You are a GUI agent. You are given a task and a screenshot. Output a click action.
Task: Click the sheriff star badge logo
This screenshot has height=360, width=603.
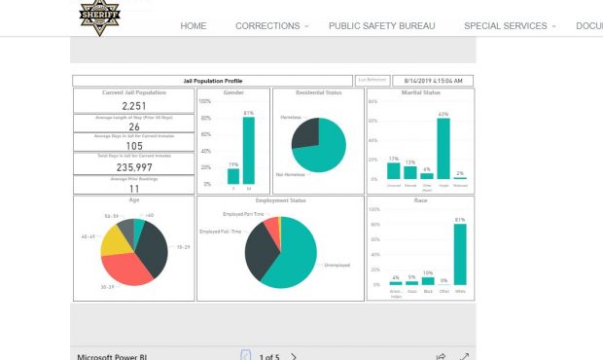(x=99, y=14)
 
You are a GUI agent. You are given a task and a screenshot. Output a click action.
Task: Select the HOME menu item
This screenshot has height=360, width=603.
(x=194, y=26)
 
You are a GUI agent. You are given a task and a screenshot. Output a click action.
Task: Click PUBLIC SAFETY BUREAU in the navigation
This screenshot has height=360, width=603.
(x=381, y=26)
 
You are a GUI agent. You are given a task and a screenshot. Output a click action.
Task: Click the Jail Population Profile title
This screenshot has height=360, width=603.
(x=213, y=81)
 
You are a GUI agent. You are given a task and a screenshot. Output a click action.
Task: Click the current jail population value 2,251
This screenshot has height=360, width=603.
(x=134, y=106)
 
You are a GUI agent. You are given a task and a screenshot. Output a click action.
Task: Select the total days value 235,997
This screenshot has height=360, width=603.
(x=134, y=167)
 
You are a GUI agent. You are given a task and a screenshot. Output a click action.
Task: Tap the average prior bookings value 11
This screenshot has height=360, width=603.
(x=134, y=188)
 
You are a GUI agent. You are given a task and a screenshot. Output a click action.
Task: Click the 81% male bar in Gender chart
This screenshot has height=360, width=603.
(x=249, y=151)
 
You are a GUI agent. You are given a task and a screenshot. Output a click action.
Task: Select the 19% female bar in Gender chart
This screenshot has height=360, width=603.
(x=232, y=176)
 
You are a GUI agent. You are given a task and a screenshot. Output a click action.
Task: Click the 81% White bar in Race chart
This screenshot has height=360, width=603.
(x=459, y=254)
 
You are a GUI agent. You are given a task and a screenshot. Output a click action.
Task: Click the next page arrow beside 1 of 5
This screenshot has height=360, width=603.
(x=295, y=356)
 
